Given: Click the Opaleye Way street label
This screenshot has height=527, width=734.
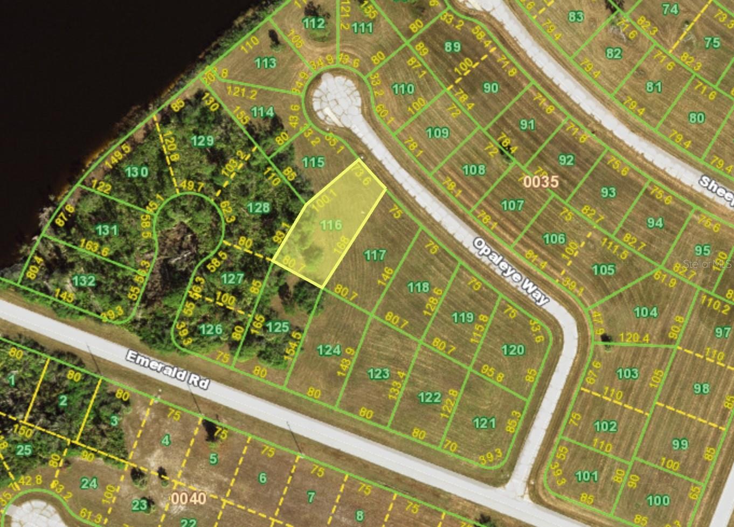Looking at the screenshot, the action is point(511,272).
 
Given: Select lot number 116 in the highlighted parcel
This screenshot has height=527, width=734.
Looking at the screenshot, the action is point(331,225).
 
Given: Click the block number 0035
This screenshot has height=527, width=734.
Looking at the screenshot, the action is point(541,182).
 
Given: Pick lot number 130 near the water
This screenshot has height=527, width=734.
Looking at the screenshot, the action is point(136,172).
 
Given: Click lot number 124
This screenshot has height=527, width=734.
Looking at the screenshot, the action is point(329,350).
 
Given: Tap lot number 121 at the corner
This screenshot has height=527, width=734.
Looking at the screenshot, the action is point(484,422).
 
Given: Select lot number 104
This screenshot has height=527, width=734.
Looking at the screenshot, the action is point(646,311).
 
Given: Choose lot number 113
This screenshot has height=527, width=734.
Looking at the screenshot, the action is point(266,63).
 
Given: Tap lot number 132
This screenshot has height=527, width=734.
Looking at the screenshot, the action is point(84,280).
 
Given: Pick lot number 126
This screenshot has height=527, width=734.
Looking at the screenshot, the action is point(211,328).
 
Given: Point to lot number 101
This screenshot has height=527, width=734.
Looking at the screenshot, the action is point(586,475).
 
